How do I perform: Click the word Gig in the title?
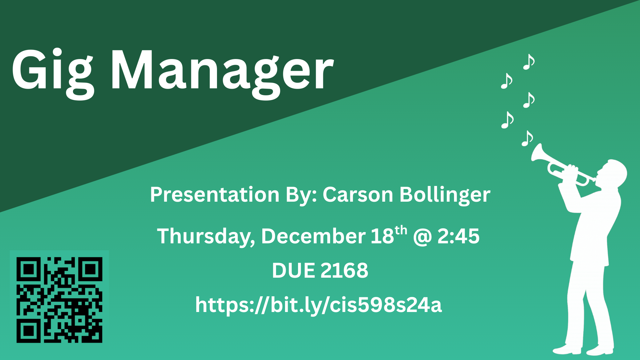(53, 73)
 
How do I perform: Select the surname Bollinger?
(445, 195)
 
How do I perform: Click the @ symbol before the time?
(422, 237)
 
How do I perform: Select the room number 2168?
(344, 270)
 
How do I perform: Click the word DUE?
(293, 270)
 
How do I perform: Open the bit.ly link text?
(318, 305)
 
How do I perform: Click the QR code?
(59, 300)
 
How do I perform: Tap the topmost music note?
(529, 62)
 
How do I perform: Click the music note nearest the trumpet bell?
(527, 138)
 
